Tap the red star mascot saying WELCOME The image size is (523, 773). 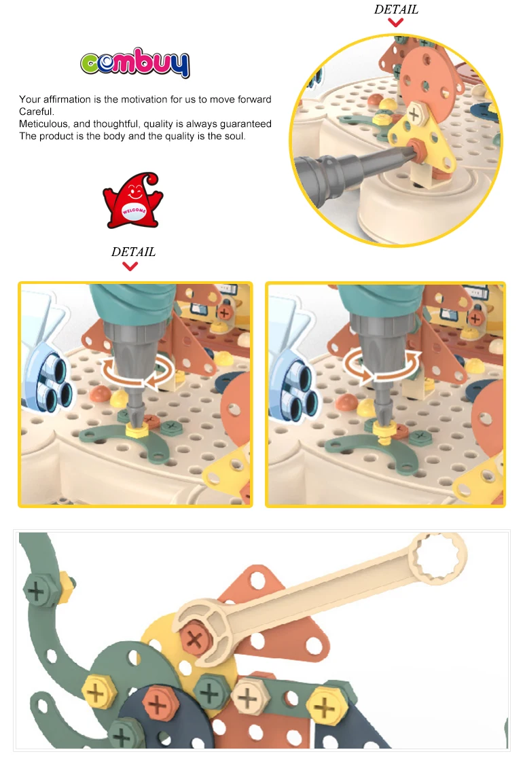coord(132,200)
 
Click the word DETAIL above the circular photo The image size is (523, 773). coord(396,10)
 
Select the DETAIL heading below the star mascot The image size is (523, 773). coord(133,252)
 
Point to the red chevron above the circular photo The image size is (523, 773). coord(396,22)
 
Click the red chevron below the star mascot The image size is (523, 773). coord(130,266)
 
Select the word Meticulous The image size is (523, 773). coord(43,124)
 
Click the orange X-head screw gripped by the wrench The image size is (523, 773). coord(196,638)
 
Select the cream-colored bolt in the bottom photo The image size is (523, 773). coord(247,697)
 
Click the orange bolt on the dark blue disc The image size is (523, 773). coord(157,703)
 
